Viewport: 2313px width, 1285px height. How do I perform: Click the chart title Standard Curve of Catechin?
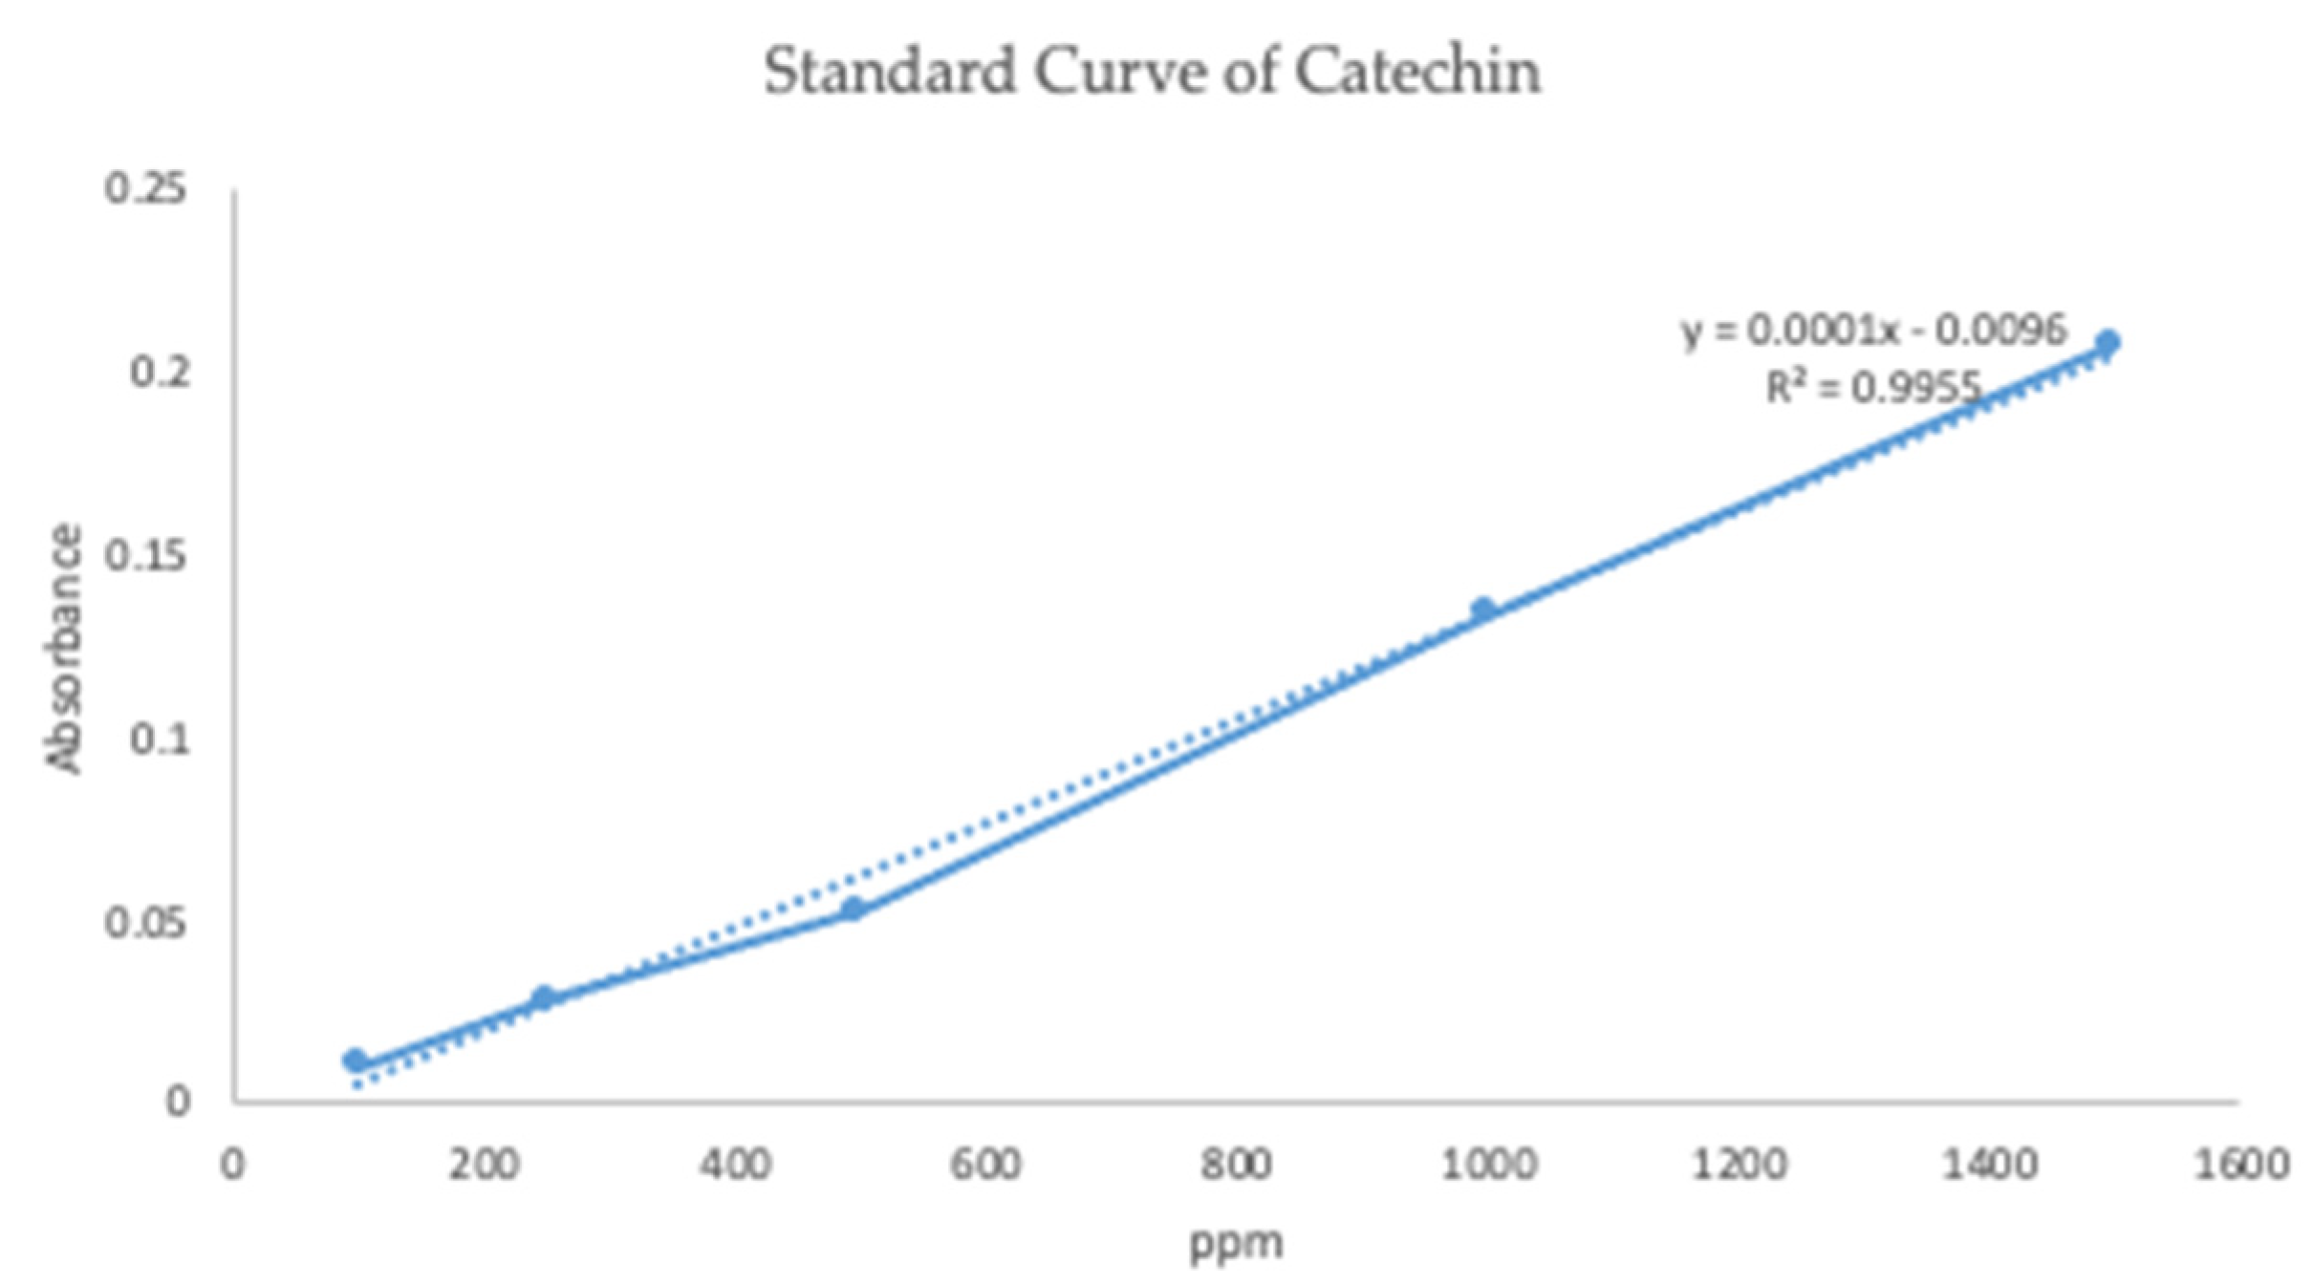point(1152,72)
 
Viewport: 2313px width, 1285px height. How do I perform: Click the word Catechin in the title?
point(1417,72)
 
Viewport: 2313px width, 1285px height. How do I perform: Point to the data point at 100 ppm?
point(355,1060)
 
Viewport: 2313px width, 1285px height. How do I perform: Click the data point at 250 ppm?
point(543,998)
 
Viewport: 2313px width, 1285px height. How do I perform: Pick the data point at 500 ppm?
point(854,910)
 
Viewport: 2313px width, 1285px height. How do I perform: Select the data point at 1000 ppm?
point(1482,610)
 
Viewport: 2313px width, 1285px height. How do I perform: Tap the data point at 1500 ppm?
point(2108,342)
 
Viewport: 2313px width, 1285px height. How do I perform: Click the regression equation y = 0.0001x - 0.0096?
point(1873,331)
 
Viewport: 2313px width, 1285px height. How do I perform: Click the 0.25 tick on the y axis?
point(145,189)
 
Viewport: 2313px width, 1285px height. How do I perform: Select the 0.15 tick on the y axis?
point(145,556)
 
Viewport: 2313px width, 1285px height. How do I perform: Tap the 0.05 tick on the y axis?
point(145,924)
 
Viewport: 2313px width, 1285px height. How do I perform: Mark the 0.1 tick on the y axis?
point(159,739)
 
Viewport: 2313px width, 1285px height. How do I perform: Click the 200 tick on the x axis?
point(485,1166)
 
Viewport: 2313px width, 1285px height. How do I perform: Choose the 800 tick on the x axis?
point(1237,1166)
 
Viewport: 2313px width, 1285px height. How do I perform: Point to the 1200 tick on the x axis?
point(1739,1166)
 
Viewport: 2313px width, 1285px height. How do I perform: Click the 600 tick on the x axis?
point(985,1166)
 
